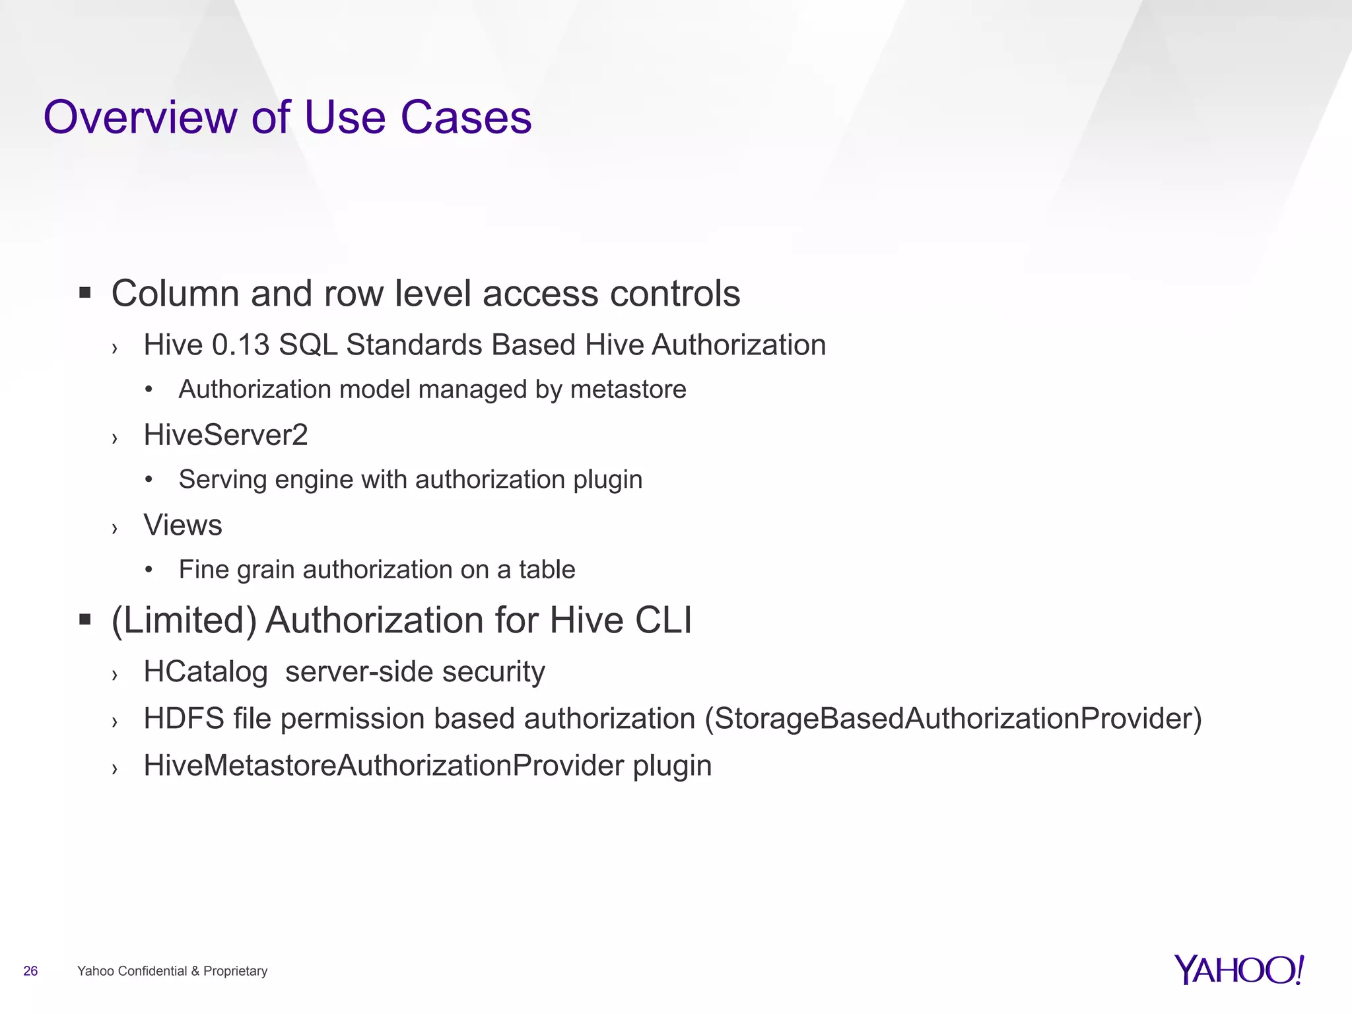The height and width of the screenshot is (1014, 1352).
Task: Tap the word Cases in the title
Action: (465, 118)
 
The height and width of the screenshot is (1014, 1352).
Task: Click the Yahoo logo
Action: (1238, 970)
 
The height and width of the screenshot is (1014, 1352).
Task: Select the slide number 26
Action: (30, 971)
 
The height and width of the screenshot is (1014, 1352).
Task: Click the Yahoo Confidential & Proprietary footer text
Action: (172, 971)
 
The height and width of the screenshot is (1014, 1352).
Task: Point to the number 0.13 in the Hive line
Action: (240, 345)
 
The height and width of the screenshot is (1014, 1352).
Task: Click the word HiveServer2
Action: (226, 435)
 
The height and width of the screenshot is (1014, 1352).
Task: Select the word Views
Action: (183, 525)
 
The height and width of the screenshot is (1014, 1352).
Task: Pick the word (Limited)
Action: (184, 621)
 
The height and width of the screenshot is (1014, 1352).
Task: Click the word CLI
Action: (663, 621)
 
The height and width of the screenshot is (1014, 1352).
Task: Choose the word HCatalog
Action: (205, 672)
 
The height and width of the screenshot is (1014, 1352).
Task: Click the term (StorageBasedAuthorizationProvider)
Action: (953, 719)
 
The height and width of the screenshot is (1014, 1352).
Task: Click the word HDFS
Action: (184, 719)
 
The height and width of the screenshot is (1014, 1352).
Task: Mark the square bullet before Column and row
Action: (84, 292)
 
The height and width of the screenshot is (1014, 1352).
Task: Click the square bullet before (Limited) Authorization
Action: (84, 619)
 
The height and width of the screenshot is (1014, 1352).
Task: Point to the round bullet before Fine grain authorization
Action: (149, 570)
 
